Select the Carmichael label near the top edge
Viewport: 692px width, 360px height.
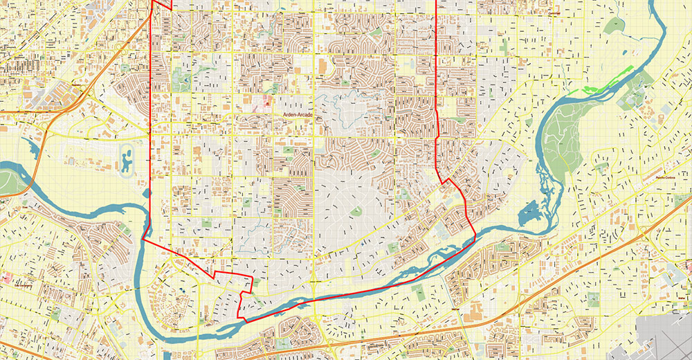pyautogui.click(x=552, y=13)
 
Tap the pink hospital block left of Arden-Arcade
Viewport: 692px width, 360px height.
pyautogui.click(x=266, y=102)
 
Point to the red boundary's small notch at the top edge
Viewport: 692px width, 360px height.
pyautogui.click(x=161, y=4)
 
